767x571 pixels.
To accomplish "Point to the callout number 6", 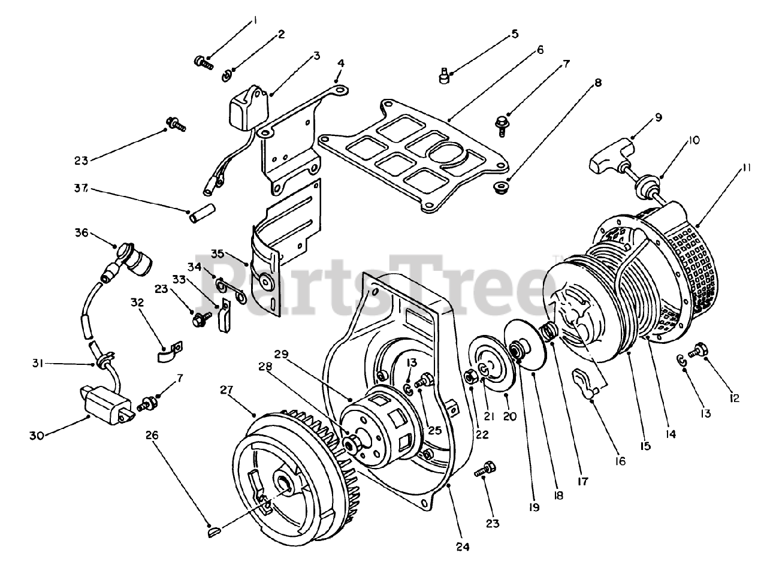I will point(540,50).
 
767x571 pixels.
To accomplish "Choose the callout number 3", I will point(317,56).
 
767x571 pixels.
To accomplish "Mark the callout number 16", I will point(619,461).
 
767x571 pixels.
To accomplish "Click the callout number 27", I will point(225,391).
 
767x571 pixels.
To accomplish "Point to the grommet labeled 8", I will point(497,188).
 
